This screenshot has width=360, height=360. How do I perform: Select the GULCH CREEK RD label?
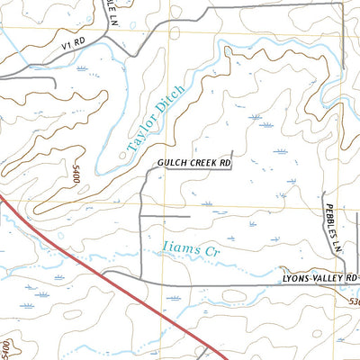(193, 163)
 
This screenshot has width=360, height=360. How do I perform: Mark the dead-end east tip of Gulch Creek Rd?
(232, 151)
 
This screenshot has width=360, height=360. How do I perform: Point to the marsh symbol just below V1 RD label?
(83, 68)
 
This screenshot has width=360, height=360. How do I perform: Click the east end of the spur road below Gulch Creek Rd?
(190, 216)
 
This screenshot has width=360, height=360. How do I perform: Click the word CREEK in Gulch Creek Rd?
(197, 163)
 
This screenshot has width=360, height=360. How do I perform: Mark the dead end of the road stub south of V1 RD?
(56, 87)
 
